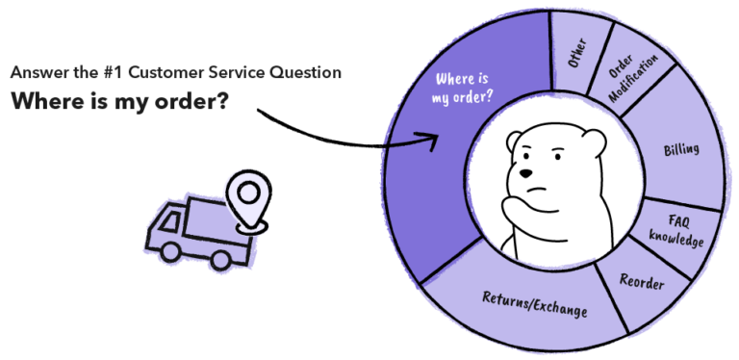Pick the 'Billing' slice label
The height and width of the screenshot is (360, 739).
coord(681,150)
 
